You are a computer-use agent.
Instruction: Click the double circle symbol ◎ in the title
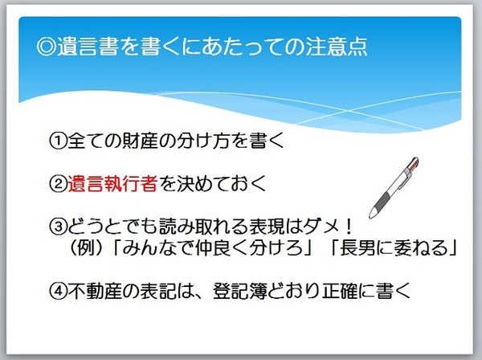coord(46,47)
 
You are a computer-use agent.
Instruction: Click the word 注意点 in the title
coord(337,47)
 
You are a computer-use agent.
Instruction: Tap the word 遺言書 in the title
coord(88,47)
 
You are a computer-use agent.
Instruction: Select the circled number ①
coord(58,141)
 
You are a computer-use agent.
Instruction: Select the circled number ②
coord(58,183)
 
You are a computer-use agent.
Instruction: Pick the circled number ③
coord(58,227)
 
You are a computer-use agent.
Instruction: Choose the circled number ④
coord(58,291)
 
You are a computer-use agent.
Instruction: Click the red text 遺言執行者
coord(112,183)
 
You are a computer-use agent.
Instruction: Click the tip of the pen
coord(371,216)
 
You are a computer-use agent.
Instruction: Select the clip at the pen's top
coord(409,171)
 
